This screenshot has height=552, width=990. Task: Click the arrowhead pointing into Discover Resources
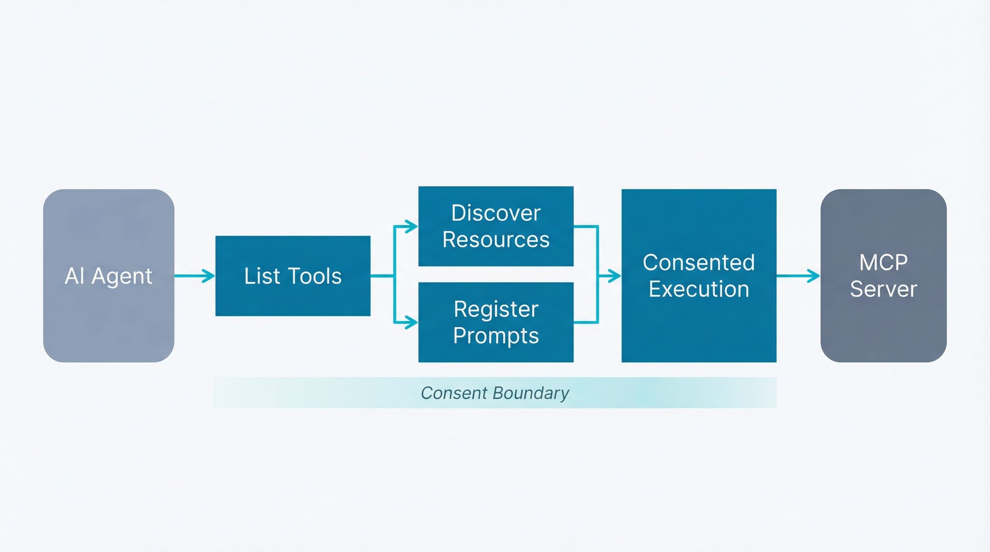(x=413, y=226)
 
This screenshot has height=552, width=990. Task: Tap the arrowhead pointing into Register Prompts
(x=413, y=322)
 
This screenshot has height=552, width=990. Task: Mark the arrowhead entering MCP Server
(x=815, y=276)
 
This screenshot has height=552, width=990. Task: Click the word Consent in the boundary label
(x=454, y=393)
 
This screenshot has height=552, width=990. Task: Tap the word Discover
(x=496, y=213)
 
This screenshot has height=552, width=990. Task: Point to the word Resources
(x=496, y=240)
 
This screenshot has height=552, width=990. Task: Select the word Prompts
(x=496, y=336)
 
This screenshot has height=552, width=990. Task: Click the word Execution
(x=699, y=289)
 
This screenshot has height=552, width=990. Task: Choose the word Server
(x=883, y=289)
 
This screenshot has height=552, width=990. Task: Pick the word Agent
(x=122, y=276)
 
